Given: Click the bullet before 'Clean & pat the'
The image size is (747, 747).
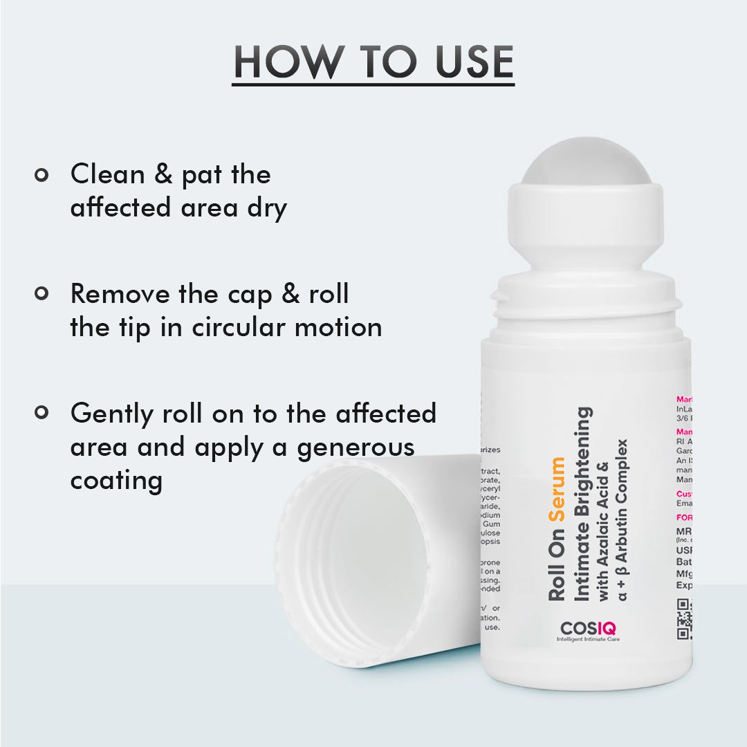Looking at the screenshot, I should coord(41,175).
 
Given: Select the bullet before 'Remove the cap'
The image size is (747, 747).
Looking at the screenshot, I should coord(41,294).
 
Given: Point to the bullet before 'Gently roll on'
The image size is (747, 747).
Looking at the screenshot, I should coord(41,413).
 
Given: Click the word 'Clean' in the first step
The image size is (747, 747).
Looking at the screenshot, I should coord(108,174).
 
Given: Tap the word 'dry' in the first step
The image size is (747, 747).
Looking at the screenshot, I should coord(267,207).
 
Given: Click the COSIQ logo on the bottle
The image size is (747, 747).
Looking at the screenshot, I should coord(589,629).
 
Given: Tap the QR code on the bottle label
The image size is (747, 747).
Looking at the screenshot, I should coord(684,618).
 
